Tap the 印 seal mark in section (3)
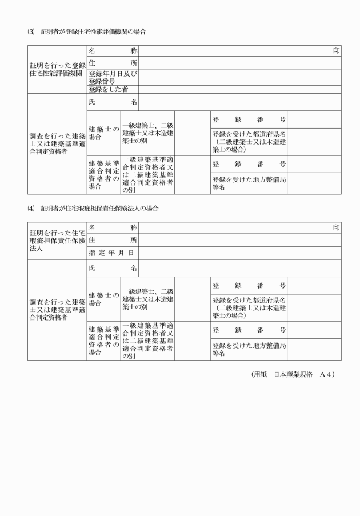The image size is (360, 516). (337, 51)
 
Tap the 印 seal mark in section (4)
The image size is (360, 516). (337, 227)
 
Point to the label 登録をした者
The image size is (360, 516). (109, 89)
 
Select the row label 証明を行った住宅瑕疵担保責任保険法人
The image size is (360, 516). (57, 240)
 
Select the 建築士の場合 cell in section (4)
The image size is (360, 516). (103, 299)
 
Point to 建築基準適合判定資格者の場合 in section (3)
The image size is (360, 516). (103, 174)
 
